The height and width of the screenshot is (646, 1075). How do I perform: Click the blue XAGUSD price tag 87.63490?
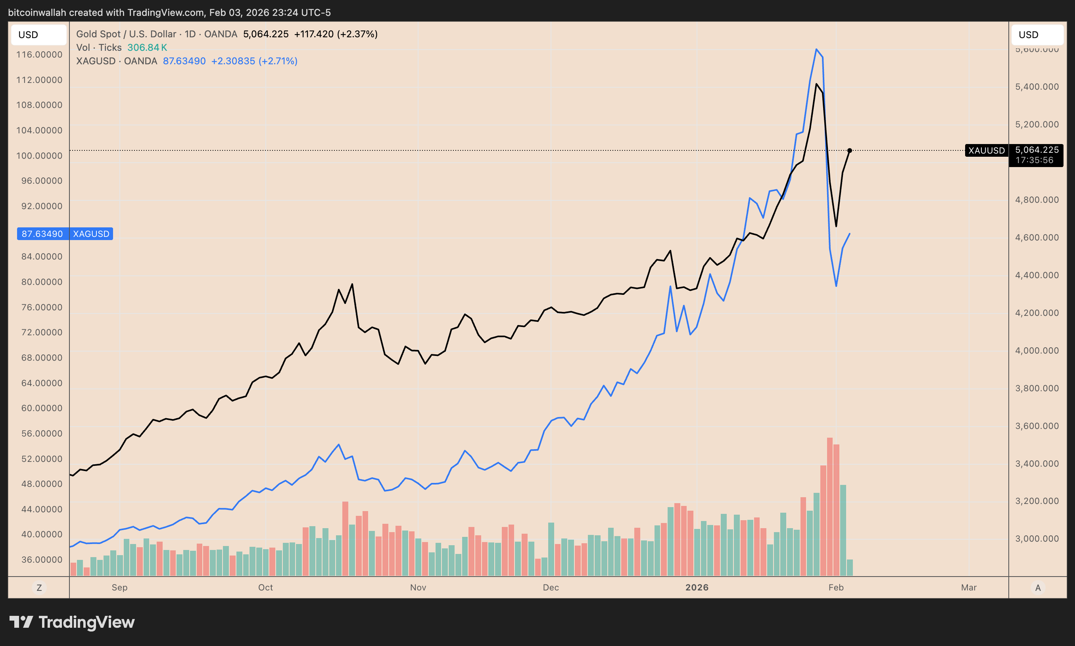(42, 234)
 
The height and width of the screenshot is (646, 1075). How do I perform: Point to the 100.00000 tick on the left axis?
(39, 156)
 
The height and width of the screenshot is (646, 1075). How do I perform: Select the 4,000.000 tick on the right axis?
(1037, 350)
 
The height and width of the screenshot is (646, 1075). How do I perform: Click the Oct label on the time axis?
(265, 587)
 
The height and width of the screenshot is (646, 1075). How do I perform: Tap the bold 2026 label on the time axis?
(697, 587)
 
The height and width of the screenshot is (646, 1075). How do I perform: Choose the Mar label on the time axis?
(968, 587)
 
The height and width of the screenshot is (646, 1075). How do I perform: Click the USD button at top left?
(38, 35)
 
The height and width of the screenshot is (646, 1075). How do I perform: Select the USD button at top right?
(1037, 35)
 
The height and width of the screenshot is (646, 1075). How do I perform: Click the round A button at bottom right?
(1038, 588)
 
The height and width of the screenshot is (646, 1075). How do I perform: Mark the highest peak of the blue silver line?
(816, 49)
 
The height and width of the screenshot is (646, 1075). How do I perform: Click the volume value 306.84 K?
(147, 48)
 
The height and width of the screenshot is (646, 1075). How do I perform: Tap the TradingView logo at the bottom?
(72, 622)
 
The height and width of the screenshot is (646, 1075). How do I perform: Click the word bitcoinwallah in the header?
(37, 13)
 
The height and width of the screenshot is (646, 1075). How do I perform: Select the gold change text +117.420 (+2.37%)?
(336, 34)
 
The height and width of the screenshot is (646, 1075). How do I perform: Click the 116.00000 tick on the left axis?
(39, 54)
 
